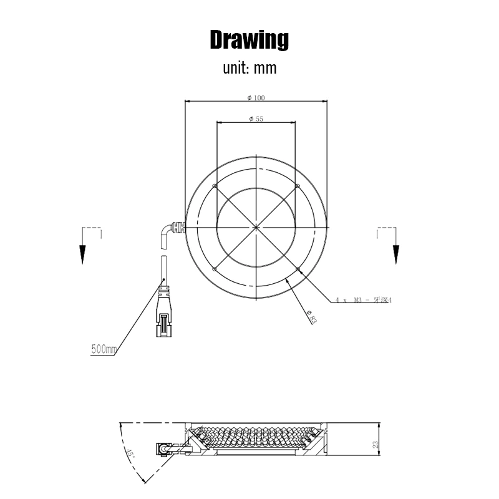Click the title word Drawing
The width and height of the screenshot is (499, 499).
tap(249, 39)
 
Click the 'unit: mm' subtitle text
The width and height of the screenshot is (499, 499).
tap(249, 68)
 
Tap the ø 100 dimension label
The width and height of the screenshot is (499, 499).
tap(256, 97)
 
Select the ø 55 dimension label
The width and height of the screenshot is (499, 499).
tap(255, 119)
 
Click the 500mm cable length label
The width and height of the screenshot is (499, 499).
tap(104, 349)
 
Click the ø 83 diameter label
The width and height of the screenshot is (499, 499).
tap(312, 317)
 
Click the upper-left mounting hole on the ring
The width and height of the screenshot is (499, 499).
tap(214, 186)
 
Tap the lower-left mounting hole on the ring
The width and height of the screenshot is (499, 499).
tap(214, 269)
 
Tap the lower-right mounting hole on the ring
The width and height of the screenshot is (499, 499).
tap(298, 269)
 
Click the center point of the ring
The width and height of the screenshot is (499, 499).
tap(256, 226)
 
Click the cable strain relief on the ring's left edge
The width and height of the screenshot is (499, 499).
tap(180, 226)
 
